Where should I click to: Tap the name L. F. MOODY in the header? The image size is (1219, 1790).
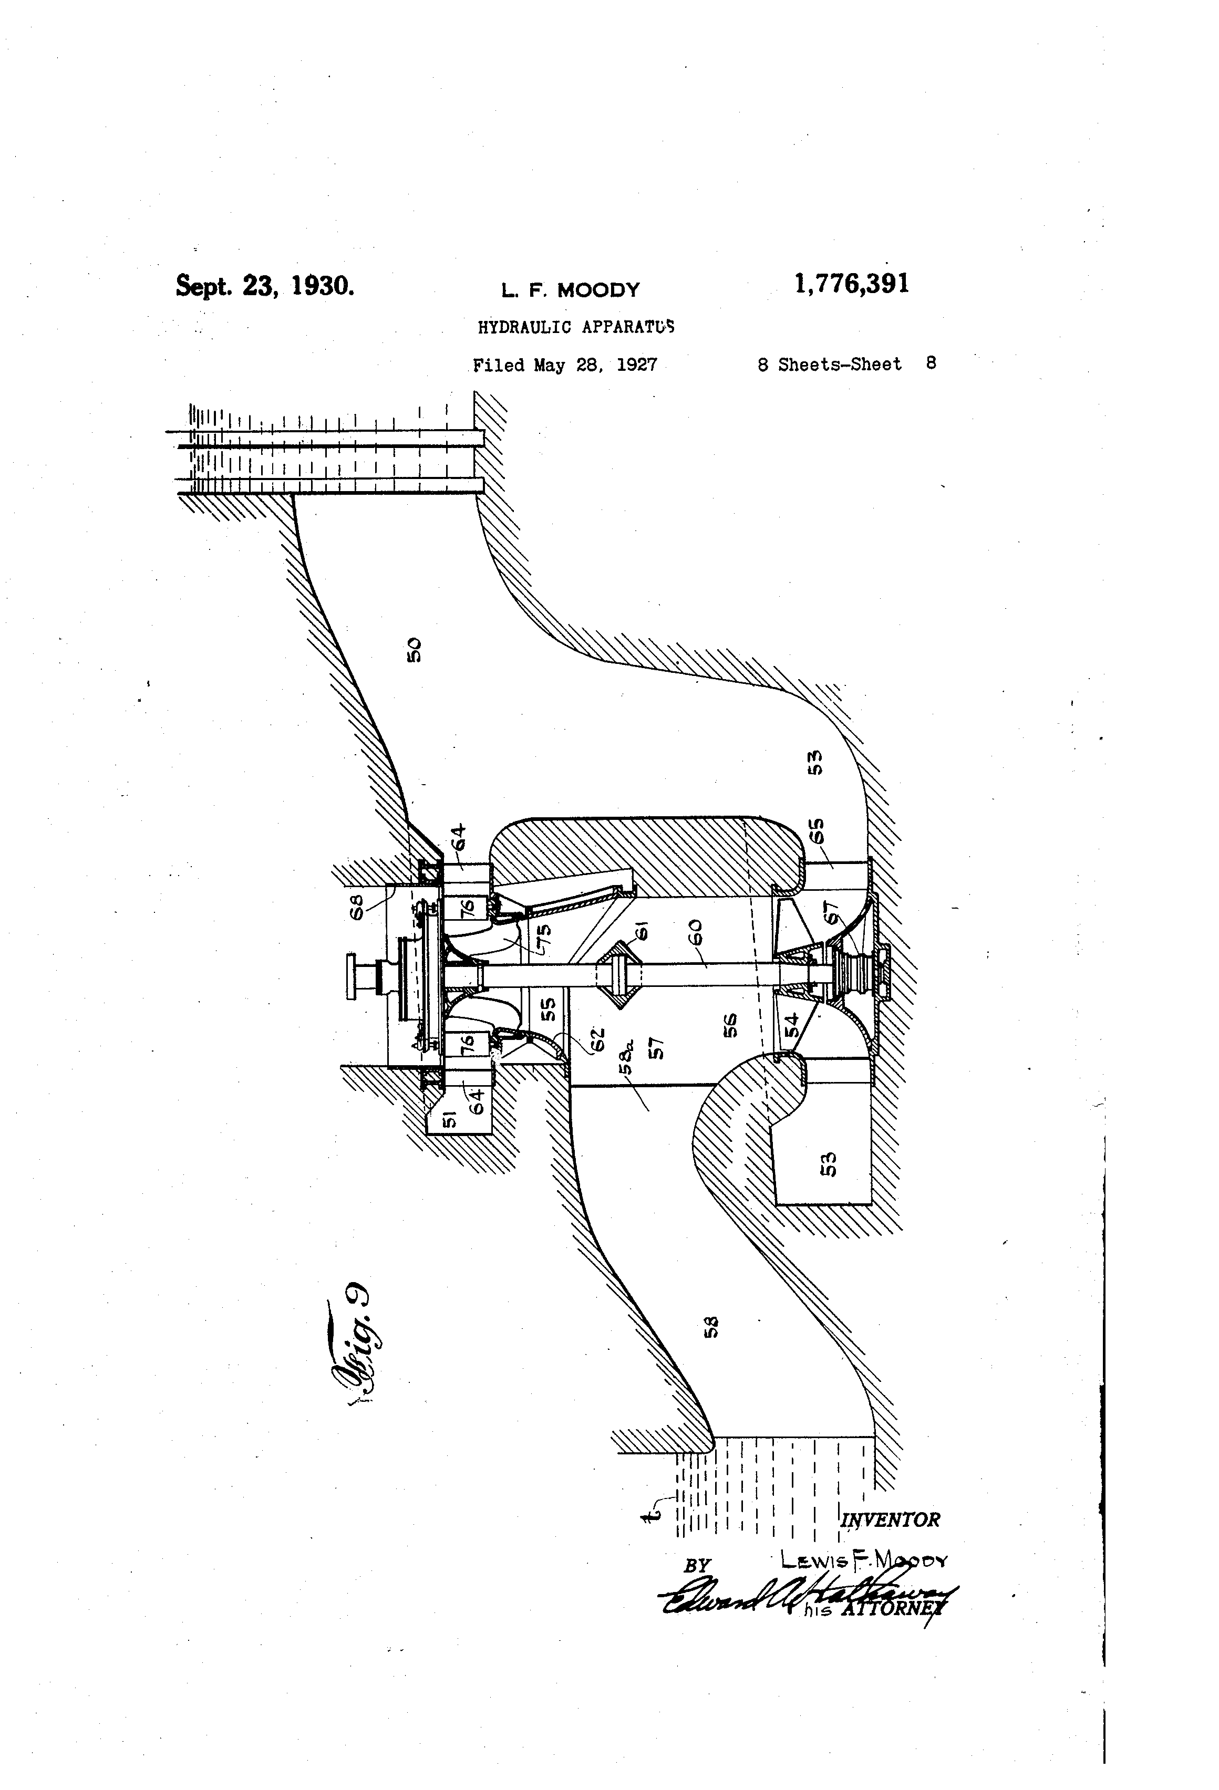(x=570, y=290)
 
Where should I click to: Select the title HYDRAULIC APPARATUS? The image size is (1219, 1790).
(x=575, y=327)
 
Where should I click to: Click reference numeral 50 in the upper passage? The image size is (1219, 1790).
(x=415, y=649)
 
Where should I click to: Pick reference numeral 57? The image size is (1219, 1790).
(x=658, y=1047)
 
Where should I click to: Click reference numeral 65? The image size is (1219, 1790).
(x=818, y=831)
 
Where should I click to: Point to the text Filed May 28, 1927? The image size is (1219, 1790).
(x=565, y=365)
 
